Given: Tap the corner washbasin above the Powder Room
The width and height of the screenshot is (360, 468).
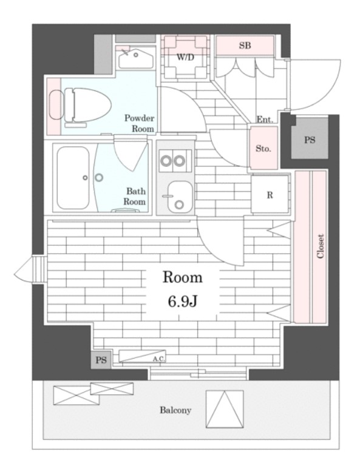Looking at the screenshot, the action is [136, 58].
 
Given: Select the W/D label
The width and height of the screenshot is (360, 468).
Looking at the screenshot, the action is [185, 56].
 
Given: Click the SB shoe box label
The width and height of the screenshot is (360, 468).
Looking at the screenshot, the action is [245, 46].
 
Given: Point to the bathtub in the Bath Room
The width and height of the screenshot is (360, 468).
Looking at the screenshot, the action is [73, 178].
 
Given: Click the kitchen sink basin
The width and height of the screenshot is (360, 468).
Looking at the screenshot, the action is [180, 197].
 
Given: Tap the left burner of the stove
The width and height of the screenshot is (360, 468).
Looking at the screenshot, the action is [166, 161].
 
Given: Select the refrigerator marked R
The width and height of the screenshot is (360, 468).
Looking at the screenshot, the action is [270, 195].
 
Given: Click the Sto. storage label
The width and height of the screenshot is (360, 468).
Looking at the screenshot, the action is [263, 148].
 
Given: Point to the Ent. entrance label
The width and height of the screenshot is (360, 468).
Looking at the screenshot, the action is [265, 120].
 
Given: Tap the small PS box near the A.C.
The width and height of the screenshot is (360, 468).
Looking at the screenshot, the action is [101, 359].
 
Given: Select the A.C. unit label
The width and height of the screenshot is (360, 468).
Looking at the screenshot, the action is [159, 359].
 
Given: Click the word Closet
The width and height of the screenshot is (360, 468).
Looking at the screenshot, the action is [321, 246].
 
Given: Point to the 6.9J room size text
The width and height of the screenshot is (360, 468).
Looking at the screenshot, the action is [182, 302].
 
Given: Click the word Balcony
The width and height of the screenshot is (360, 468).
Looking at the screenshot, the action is [175, 410].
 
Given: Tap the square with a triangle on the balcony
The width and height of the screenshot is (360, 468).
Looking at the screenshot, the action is [225, 409].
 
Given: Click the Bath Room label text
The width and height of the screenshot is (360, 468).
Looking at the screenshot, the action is [135, 196].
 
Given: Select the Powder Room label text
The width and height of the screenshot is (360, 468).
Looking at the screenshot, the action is [140, 123].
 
